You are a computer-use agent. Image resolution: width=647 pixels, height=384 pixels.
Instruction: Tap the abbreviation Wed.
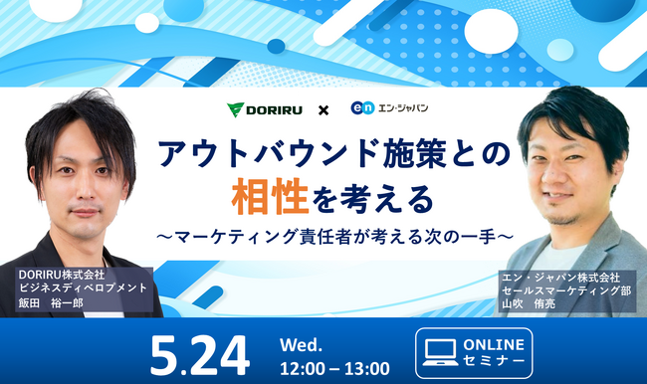pyautogui.click(x=302, y=342)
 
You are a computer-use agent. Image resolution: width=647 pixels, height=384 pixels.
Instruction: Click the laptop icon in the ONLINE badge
pyautogui.click(x=439, y=352)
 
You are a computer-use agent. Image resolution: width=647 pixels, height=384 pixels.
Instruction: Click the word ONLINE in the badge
pyautogui.click(x=495, y=343)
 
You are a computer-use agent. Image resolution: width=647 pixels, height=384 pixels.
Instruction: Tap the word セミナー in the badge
pyautogui.click(x=495, y=362)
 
